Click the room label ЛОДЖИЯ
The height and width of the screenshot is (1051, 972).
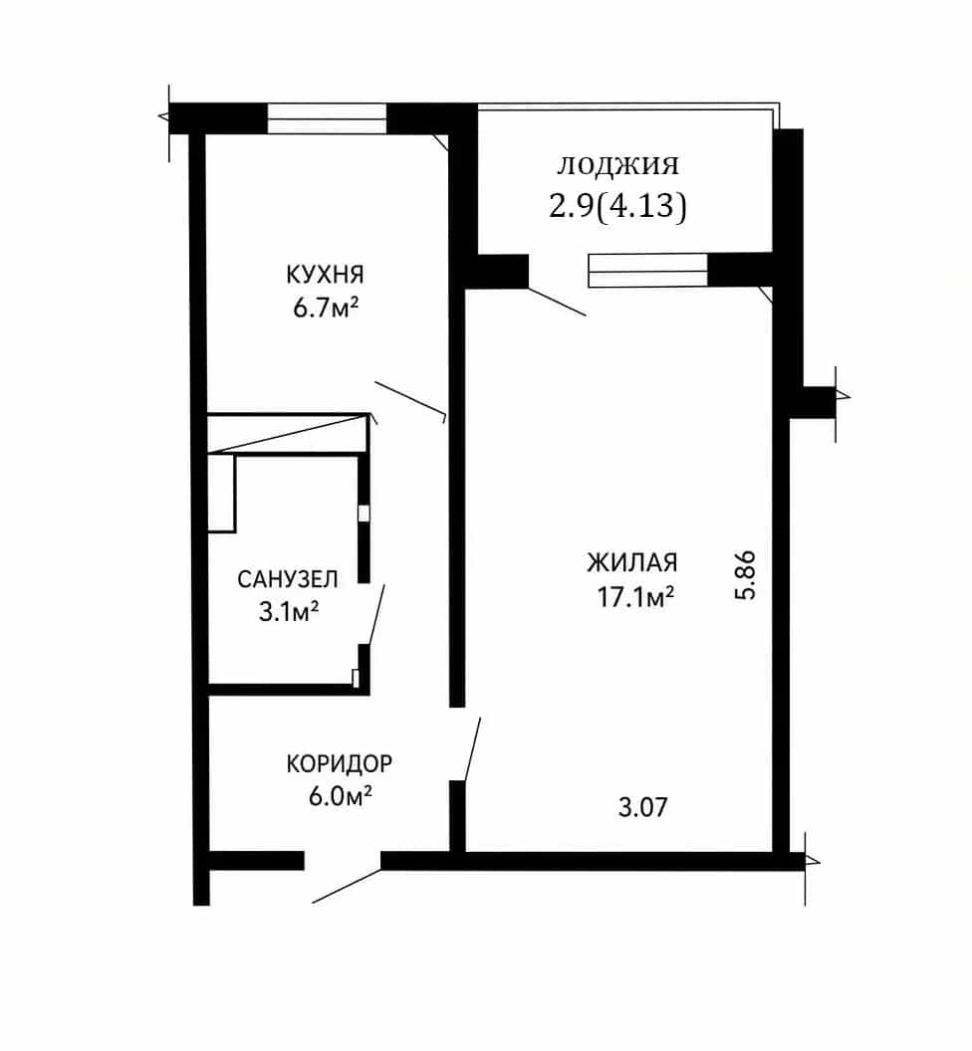pyautogui.click(x=617, y=165)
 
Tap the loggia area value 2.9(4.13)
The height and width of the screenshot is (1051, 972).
pyautogui.click(x=617, y=205)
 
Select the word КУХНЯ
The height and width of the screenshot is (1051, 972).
pyautogui.click(x=326, y=275)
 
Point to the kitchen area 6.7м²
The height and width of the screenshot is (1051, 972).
pyautogui.click(x=326, y=309)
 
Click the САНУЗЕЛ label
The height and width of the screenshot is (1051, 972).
pyautogui.click(x=288, y=579)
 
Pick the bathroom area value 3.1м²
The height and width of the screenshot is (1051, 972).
pyautogui.click(x=289, y=612)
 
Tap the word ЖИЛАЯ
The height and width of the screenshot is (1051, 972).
pyautogui.click(x=632, y=562)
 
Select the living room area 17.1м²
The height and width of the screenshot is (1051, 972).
pyautogui.click(x=635, y=596)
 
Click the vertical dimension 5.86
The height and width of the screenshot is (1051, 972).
pyautogui.click(x=745, y=575)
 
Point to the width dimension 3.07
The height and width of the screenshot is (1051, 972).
pyautogui.click(x=642, y=807)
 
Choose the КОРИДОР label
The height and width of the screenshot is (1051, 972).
pyautogui.click(x=340, y=763)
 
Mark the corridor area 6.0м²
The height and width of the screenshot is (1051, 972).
pyautogui.click(x=340, y=797)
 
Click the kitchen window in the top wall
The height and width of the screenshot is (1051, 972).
pyautogui.click(x=328, y=119)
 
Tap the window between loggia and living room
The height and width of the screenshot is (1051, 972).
pyautogui.click(x=648, y=271)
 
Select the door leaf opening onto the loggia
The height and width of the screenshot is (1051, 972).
pyautogui.click(x=558, y=302)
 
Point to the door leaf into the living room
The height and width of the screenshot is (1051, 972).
pyautogui.click(x=473, y=749)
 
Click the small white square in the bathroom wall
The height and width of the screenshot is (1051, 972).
pyautogui.click(x=364, y=513)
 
